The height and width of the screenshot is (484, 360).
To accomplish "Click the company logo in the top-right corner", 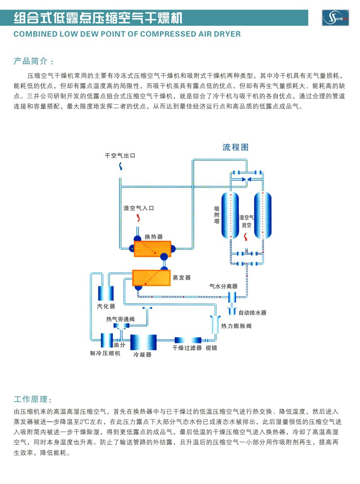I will (x=335, y=18).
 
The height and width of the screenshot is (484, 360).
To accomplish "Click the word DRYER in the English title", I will (x=227, y=34).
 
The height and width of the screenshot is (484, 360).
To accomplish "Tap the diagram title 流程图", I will (x=235, y=147).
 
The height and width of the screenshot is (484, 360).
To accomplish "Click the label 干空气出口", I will (x=120, y=156).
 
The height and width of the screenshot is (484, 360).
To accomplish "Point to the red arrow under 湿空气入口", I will (x=138, y=218).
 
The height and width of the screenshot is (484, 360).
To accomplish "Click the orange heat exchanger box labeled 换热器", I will (x=152, y=249).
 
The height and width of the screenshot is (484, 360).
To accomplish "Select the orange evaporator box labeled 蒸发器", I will (x=151, y=278).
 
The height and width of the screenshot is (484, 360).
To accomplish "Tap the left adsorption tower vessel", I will (x=230, y=215).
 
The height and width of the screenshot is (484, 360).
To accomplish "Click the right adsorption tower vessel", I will (x=262, y=215).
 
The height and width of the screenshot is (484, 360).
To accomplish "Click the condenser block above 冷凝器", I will (x=143, y=342).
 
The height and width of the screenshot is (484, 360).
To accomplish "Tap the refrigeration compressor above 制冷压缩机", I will (x=107, y=340).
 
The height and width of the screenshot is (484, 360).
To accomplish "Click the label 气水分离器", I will (x=224, y=286).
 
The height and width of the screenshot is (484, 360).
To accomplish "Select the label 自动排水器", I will (x=252, y=313).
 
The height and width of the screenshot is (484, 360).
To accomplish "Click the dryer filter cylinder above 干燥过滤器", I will (x=188, y=340).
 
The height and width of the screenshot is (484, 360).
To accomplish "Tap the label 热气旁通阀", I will (x=120, y=319).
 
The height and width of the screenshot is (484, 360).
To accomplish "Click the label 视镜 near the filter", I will (x=211, y=348).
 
